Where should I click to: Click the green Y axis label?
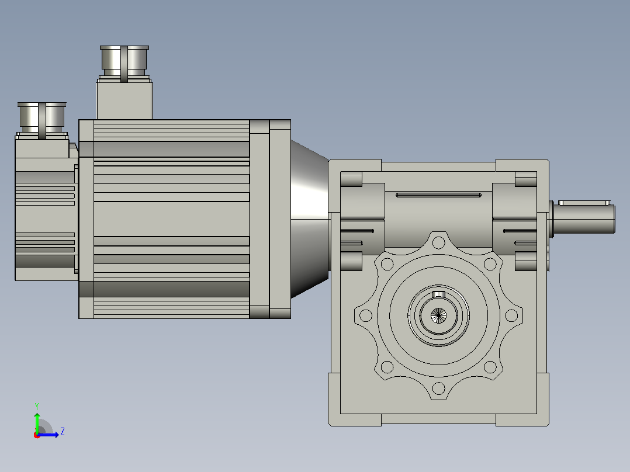[37, 406]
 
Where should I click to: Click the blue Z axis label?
[63, 432]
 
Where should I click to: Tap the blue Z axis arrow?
[48, 435]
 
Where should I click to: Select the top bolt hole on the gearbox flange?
[438, 242]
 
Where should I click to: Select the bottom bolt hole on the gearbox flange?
[438, 388]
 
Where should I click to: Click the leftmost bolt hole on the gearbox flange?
[366, 315]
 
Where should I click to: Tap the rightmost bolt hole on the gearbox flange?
[511, 315]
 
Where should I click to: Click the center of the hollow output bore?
[438, 316]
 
